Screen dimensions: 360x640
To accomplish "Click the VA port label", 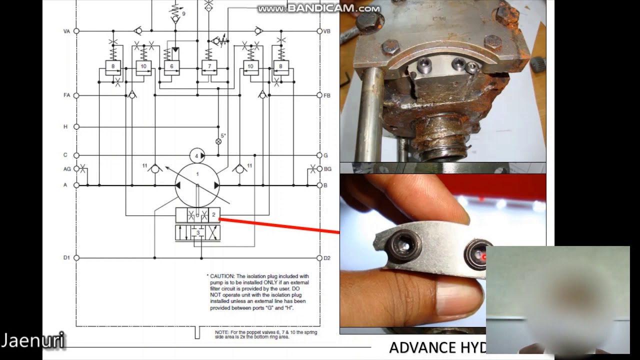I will click(66, 31).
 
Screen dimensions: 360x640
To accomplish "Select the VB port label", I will click(326, 31).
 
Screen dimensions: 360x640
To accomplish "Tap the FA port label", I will click(66, 95).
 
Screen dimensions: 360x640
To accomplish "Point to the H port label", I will click(65, 127).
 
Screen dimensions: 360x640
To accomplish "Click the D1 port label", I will click(66, 258).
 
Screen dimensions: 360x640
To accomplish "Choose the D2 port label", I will click(327, 258).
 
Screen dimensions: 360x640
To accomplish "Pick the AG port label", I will click(66, 169).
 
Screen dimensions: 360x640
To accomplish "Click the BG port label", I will click(327, 169).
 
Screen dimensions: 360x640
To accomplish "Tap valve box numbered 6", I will click(171, 66).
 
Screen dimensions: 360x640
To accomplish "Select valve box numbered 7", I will click(209, 66).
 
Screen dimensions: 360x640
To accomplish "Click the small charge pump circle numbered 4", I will click(197, 155).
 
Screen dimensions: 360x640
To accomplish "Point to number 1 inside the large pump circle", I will click(197, 174).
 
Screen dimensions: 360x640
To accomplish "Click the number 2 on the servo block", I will click(213, 215).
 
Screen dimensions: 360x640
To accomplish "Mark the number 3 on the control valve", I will click(198, 233).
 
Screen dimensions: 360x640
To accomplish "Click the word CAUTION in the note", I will click(221, 276).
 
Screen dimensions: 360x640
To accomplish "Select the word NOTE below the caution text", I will click(222, 332).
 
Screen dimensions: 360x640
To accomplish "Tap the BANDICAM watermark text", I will click(327, 8).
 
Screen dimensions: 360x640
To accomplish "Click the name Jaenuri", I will click(33, 341).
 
